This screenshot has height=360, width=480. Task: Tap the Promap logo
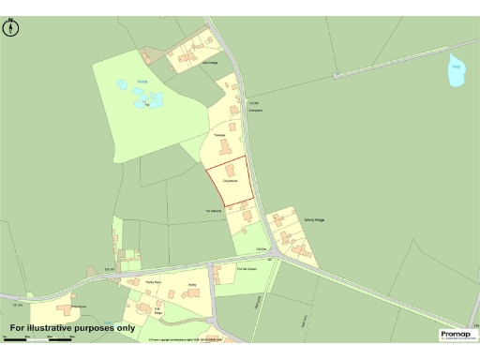[456, 334]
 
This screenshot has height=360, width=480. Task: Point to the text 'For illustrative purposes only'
[72, 328]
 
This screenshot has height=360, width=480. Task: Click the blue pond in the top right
[456, 72]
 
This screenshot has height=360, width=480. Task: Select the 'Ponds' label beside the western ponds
[142, 82]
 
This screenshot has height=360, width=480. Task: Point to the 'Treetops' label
[221, 135]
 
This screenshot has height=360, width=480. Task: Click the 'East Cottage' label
[211, 62]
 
